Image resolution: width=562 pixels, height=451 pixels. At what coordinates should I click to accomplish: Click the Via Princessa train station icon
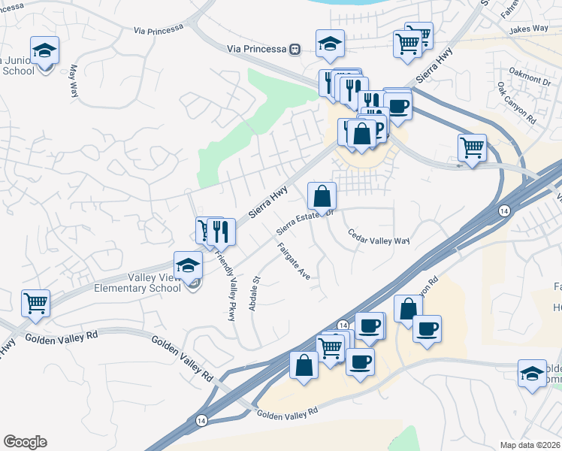pyautogui.click(x=295, y=49)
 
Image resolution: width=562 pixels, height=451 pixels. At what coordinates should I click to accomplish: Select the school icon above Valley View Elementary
pyautogui.click(x=188, y=265)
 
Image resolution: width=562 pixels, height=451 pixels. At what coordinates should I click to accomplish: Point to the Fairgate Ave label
pyautogui.click(x=294, y=261)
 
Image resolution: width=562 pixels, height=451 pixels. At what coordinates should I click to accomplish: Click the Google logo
pyautogui.click(x=25, y=442)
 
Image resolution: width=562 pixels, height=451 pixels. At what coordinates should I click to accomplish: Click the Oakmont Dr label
pyautogui.click(x=530, y=77)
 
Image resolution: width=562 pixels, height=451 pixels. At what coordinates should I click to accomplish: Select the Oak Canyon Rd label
pyautogui.click(x=516, y=104)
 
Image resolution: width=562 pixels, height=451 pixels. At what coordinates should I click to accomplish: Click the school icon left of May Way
pyautogui.click(x=45, y=50)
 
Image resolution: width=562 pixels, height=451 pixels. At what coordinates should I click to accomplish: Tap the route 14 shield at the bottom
pyautogui.click(x=201, y=419)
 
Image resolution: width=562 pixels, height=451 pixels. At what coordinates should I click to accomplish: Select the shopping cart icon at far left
pyautogui.click(x=36, y=303)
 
